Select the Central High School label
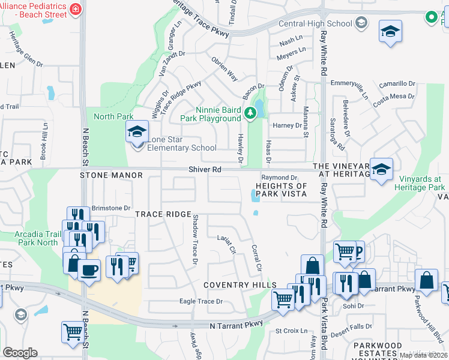324,24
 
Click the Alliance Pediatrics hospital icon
75,8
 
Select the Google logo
20,353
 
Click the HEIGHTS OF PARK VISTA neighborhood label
282,190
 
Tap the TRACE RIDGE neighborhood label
163,214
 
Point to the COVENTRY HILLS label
240,285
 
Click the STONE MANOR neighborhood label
111,175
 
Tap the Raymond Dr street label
279,178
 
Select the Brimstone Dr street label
110,208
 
